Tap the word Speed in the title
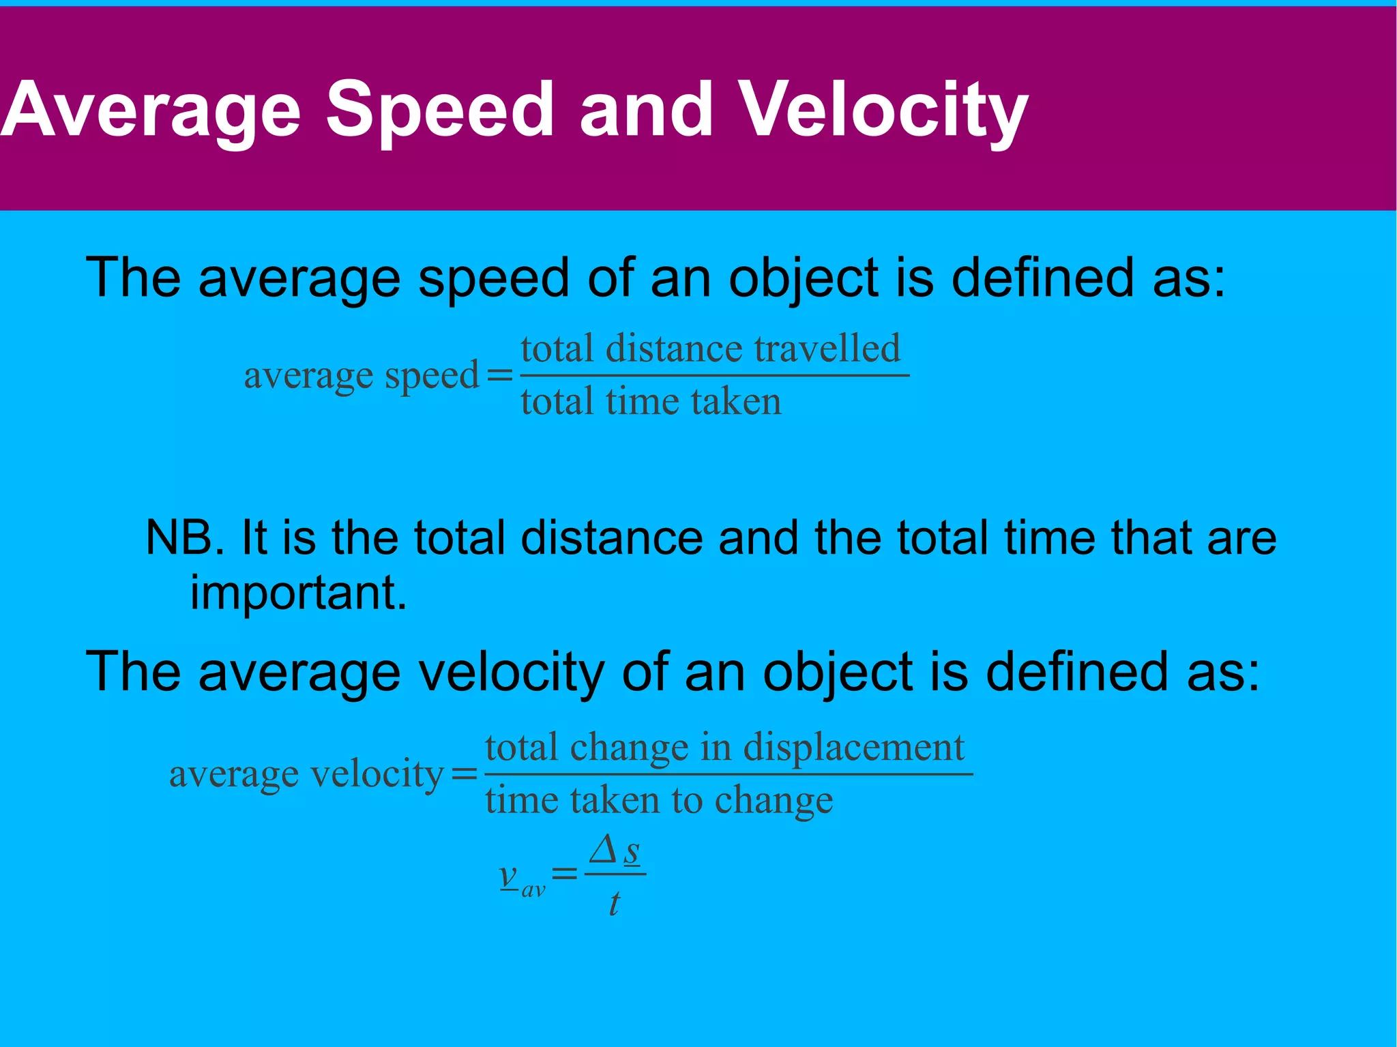(x=440, y=110)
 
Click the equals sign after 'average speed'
(x=499, y=376)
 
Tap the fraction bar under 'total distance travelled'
(x=714, y=375)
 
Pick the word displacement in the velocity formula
(x=853, y=748)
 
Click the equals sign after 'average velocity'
(x=464, y=774)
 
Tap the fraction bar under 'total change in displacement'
(x=728, y=774)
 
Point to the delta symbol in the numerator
(x=604, y=850)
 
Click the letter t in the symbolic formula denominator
(x=614, y=904)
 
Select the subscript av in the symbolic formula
(x=533, y=890)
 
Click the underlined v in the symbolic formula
(x=509, y=875)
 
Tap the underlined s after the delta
(x=632, y=852)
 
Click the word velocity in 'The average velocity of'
(x=511, y=673)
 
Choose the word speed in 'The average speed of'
(x=493, y=278)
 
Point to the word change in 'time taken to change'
(x=774, y=799)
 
